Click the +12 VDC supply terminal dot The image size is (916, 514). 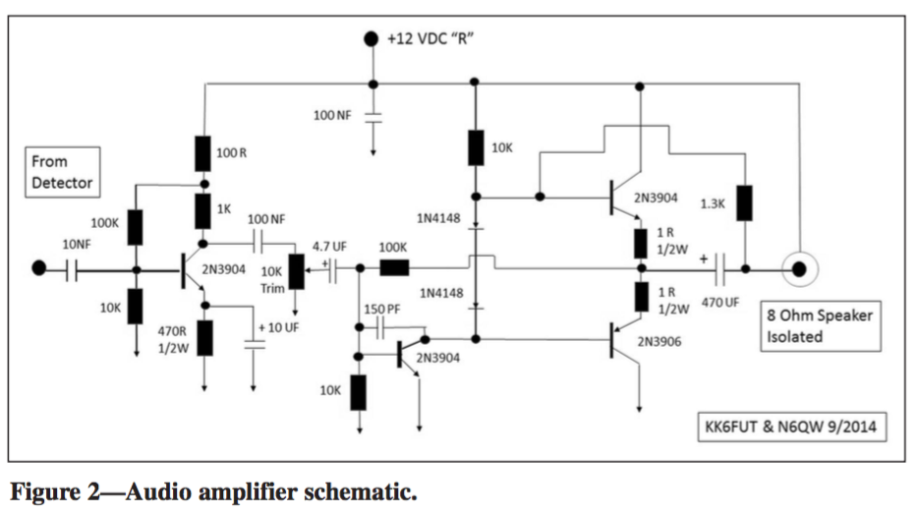(x=371, y=38)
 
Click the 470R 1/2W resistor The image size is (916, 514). (x=205, y=336)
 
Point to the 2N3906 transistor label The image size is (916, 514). (x=661, y=342)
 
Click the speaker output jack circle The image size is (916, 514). (x=798, y=267)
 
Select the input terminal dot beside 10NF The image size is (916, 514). (x=39, y=268)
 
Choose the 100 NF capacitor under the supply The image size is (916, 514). (x=373, y=116)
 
